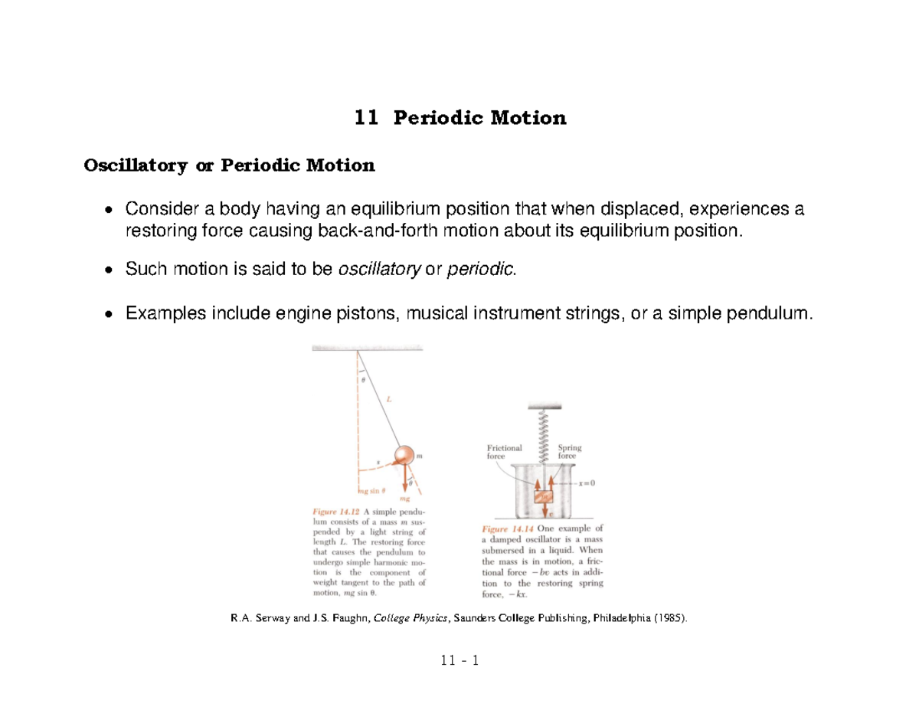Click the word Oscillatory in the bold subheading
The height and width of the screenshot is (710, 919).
133,165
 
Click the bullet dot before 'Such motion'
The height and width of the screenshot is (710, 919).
110,270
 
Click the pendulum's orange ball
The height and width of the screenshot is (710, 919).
403,456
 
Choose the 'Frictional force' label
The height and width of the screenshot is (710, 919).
505,452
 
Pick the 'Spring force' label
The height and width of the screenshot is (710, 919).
571,452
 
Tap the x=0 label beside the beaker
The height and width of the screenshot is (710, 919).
590,483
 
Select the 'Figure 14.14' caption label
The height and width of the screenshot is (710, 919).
508,528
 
